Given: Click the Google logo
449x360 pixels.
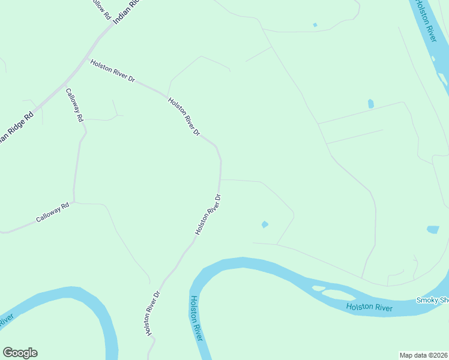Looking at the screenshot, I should pos(20,353).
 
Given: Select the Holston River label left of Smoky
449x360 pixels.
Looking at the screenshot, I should pos(369,308).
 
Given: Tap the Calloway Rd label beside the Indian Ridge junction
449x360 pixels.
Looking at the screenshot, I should pos(74,106).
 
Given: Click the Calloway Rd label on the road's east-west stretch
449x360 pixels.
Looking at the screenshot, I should pos(53,212).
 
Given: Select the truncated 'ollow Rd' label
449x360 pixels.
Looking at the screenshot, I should pos(100,7).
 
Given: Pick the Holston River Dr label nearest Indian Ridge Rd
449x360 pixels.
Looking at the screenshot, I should pos(113,71).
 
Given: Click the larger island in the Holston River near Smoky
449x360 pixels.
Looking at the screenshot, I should pos(338,294).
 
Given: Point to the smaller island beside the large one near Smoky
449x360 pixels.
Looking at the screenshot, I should pos(318,289).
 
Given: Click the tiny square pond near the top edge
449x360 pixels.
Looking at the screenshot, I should pos(315,25).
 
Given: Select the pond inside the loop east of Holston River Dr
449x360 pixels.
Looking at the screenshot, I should pos(265,224).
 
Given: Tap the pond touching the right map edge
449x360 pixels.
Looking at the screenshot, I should pos(433,230).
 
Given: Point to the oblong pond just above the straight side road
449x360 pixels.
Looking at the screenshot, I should pos(371,104).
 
